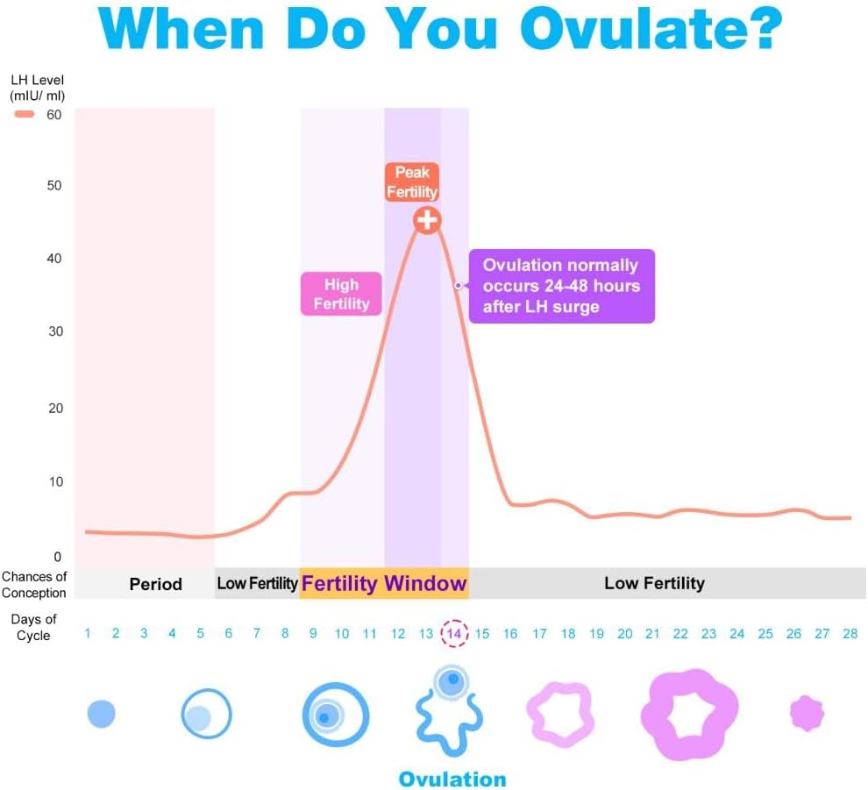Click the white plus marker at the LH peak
click(427, 220)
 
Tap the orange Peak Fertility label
click(411, 182)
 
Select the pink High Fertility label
click(341, 294)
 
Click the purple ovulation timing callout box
click(561, 287)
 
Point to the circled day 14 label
click(454, 634)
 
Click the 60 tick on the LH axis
click(54, 114)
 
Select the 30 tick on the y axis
click(54, 332)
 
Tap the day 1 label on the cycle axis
click(88, 634)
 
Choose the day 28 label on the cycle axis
click(850, 634)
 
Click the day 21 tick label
click(652, 634)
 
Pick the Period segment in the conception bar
click(155, 584)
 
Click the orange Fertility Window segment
click(384, 584)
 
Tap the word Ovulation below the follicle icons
click(452, 779)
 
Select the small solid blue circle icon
click(101, 714)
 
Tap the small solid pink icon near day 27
click(808, 714)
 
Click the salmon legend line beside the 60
click(25, 115)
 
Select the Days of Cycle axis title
click(34, 627)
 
